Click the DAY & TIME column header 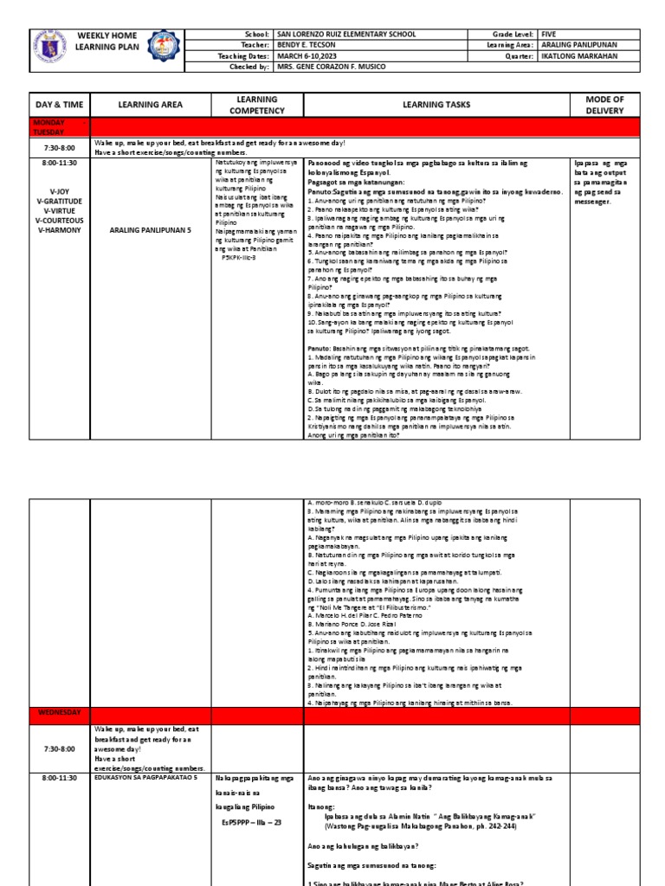[x=60, y=105]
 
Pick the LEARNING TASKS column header [x=434, y=105]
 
